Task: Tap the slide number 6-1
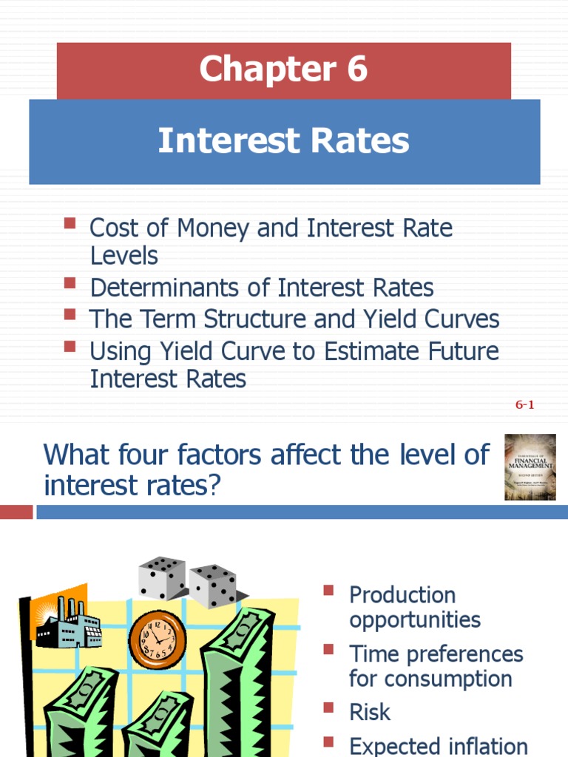(524, 405)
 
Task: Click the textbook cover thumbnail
(530, 467)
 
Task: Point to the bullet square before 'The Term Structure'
(70, 314)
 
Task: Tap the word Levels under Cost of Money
(124, 256)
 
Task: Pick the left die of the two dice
(162, 578)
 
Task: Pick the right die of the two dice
(213, 585)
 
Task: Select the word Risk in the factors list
(370, 712)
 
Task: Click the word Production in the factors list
(402, 594)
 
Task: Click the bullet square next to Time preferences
(329, 649)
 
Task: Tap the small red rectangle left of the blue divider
(16, 512)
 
